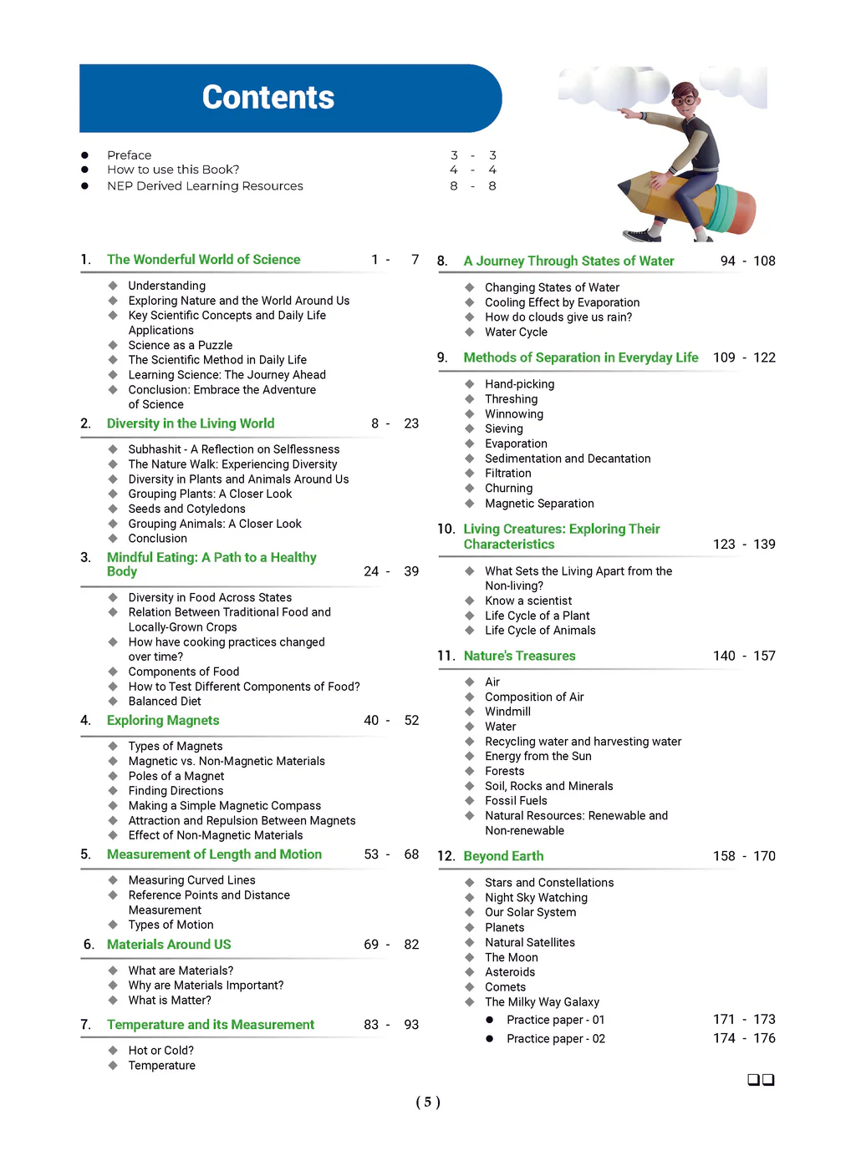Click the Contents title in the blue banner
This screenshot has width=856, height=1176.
pyautogui.click(x=268, y=98)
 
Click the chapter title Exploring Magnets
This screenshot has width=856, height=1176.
pyautogui.click(x=163, y=720)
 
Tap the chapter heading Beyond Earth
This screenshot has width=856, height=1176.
pyautogui.click(x=503, y=856)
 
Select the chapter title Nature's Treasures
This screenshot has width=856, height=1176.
pyautogui.click(x=519, y=656)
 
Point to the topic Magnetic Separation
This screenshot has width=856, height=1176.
pyautogui.click(x=539, y=504)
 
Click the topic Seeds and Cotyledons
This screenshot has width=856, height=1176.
pyautogui.click(x=186, y=509)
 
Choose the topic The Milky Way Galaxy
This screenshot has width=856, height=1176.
pyautogui.click(x=542, y=1002)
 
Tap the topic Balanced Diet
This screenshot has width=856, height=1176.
pyautogui.click(x=165, y=702)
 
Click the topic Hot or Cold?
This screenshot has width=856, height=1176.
pyautogui.click(x=160, y=1051)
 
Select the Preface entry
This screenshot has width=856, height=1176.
pyautogui.click(x=130, y=155)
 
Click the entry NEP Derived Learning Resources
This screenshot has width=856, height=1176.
pyautogui.click(x=205, y=186)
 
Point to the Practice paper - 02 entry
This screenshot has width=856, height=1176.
pyautogui.click(x=556, y=1039)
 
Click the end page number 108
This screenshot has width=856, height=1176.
pyautogui.click(x=764, y=261)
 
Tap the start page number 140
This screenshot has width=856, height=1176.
pyautogui.click(x=724, y=656)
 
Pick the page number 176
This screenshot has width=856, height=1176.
pyautogui.click(x=764, y=1038)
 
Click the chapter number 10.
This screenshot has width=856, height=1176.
pyautogui.click(x=446, y=530)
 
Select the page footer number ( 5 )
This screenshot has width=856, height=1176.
pyautogui.click(x=428, y=1102)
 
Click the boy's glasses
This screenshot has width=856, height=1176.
pyautogui.click(x=685, y=101)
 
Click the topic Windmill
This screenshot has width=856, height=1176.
pyautogui.click(x=507, y=712)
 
